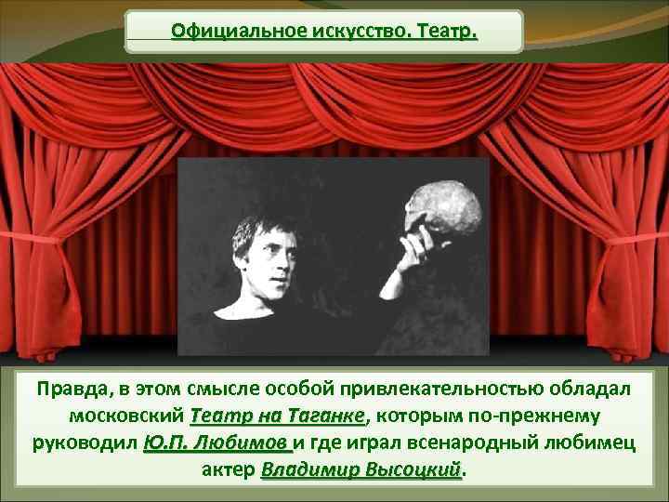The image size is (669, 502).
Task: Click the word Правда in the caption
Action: [73, 389]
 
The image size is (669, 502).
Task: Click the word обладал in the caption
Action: [592, 389]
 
